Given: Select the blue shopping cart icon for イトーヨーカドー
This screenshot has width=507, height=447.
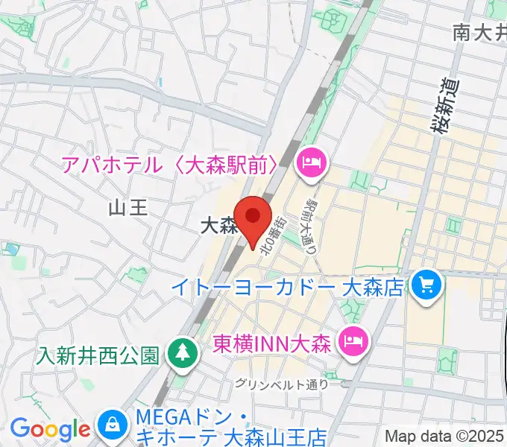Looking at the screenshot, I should coord(426,285).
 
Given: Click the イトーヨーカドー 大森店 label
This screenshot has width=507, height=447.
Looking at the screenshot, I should coord(287,285).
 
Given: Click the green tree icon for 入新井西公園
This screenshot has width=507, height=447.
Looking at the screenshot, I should coord(180,352).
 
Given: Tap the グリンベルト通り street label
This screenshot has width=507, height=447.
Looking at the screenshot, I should coord(281,384).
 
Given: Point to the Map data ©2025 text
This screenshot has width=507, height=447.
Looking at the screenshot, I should coord(445,436).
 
